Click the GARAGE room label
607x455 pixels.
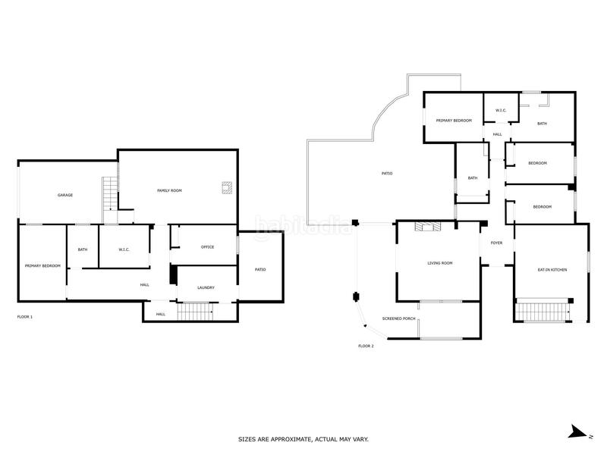[65, 195]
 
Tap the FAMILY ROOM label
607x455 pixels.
[169, 190]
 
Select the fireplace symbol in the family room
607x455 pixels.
[226, 187]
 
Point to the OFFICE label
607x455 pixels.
[207, 247]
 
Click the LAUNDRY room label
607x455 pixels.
[206, 287]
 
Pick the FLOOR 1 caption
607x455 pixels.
[25, 317]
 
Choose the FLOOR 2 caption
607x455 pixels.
[366, 346]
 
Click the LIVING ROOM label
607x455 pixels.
[440, 263]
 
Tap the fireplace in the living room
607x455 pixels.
[427, 226]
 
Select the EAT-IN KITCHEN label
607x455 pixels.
[552, 270]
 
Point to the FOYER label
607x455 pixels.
[496, 243]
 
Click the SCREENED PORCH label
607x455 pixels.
[399, 318]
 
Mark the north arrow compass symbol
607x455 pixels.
[580, 431]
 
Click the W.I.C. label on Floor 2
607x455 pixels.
[501, 110]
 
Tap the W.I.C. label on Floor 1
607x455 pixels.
[124, 249]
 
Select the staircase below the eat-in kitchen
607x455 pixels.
[544, 312]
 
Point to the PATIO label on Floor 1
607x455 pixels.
[260, 269]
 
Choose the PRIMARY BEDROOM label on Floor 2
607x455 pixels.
[454, 121]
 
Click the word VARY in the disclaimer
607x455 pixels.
[362, 439]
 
